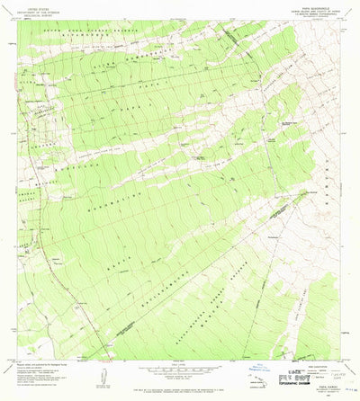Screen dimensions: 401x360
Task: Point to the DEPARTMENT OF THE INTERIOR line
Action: pyautogui.click(x=41, y=13)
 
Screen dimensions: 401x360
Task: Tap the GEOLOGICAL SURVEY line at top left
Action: pyautogui.click(x=41, y=17)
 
